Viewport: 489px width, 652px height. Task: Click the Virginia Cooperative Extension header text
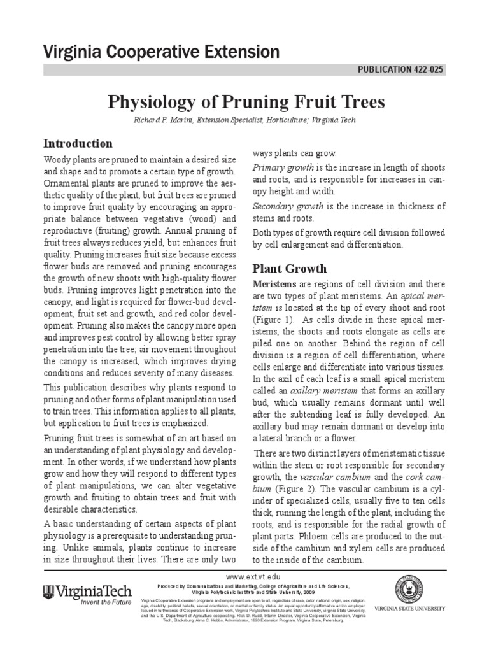(x=161, y=52)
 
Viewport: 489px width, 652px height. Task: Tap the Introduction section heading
(x=78, y=143)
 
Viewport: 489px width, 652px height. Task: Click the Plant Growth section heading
(x=290, y=268)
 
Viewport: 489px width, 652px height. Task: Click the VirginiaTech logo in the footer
(x=87, y=591)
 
